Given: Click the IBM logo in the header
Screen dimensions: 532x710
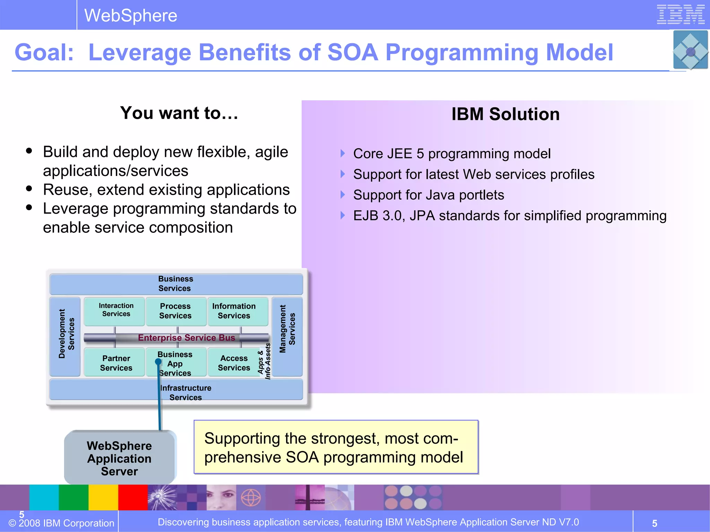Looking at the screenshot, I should pyautogui.click(x=681, y=15).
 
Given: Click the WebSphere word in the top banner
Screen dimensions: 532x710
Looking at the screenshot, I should pyautogui.click(x=131, y=16).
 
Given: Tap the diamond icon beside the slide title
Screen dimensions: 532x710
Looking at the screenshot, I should pyautogui.click(x=690, y=51).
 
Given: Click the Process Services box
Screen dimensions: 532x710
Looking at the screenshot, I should pyautogui.click(x=175, y=311).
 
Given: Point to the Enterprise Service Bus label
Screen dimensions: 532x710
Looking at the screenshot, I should pyautogui.click(x=186, y=338).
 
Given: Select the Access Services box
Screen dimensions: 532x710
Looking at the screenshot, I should pyautogui.click(x=234, y=363).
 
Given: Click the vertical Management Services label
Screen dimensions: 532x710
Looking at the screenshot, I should pyautogui.click(x=287, y=329).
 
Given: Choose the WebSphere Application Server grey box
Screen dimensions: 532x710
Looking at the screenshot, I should pyautogui.click(x=120, y=458).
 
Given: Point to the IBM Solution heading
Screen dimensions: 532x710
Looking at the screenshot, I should pyautogui.click(x=505, y=114).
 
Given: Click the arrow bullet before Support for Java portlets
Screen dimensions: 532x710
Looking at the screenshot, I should pyautogui.click(x=343, y=195).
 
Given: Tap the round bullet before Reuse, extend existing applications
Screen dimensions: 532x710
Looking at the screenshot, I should pyautogui.click(x=29, y=189).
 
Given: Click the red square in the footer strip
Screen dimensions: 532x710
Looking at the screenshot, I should pyautogui.click(x=133, y=497).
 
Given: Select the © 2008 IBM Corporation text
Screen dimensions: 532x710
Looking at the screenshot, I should pyautogui.click(x=61, y=523).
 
